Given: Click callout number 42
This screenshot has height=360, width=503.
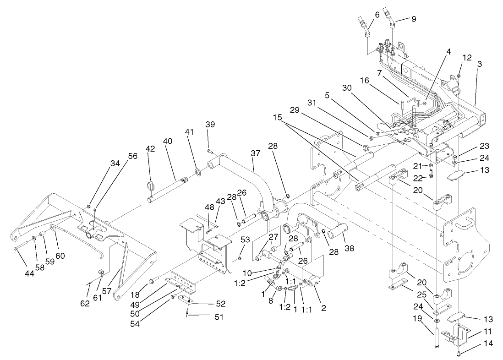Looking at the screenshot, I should [x=150, y=149].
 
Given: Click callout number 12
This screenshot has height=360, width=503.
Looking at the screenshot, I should [x=467, y=58].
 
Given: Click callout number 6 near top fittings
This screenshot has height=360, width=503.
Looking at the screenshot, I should [x=377, y=15].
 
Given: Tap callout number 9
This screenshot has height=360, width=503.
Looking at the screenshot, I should [x=413, y=19].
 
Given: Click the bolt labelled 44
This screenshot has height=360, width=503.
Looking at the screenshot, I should [x=16, y=248].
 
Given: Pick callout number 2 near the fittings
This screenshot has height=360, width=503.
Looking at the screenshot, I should [x=323, y=308].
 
